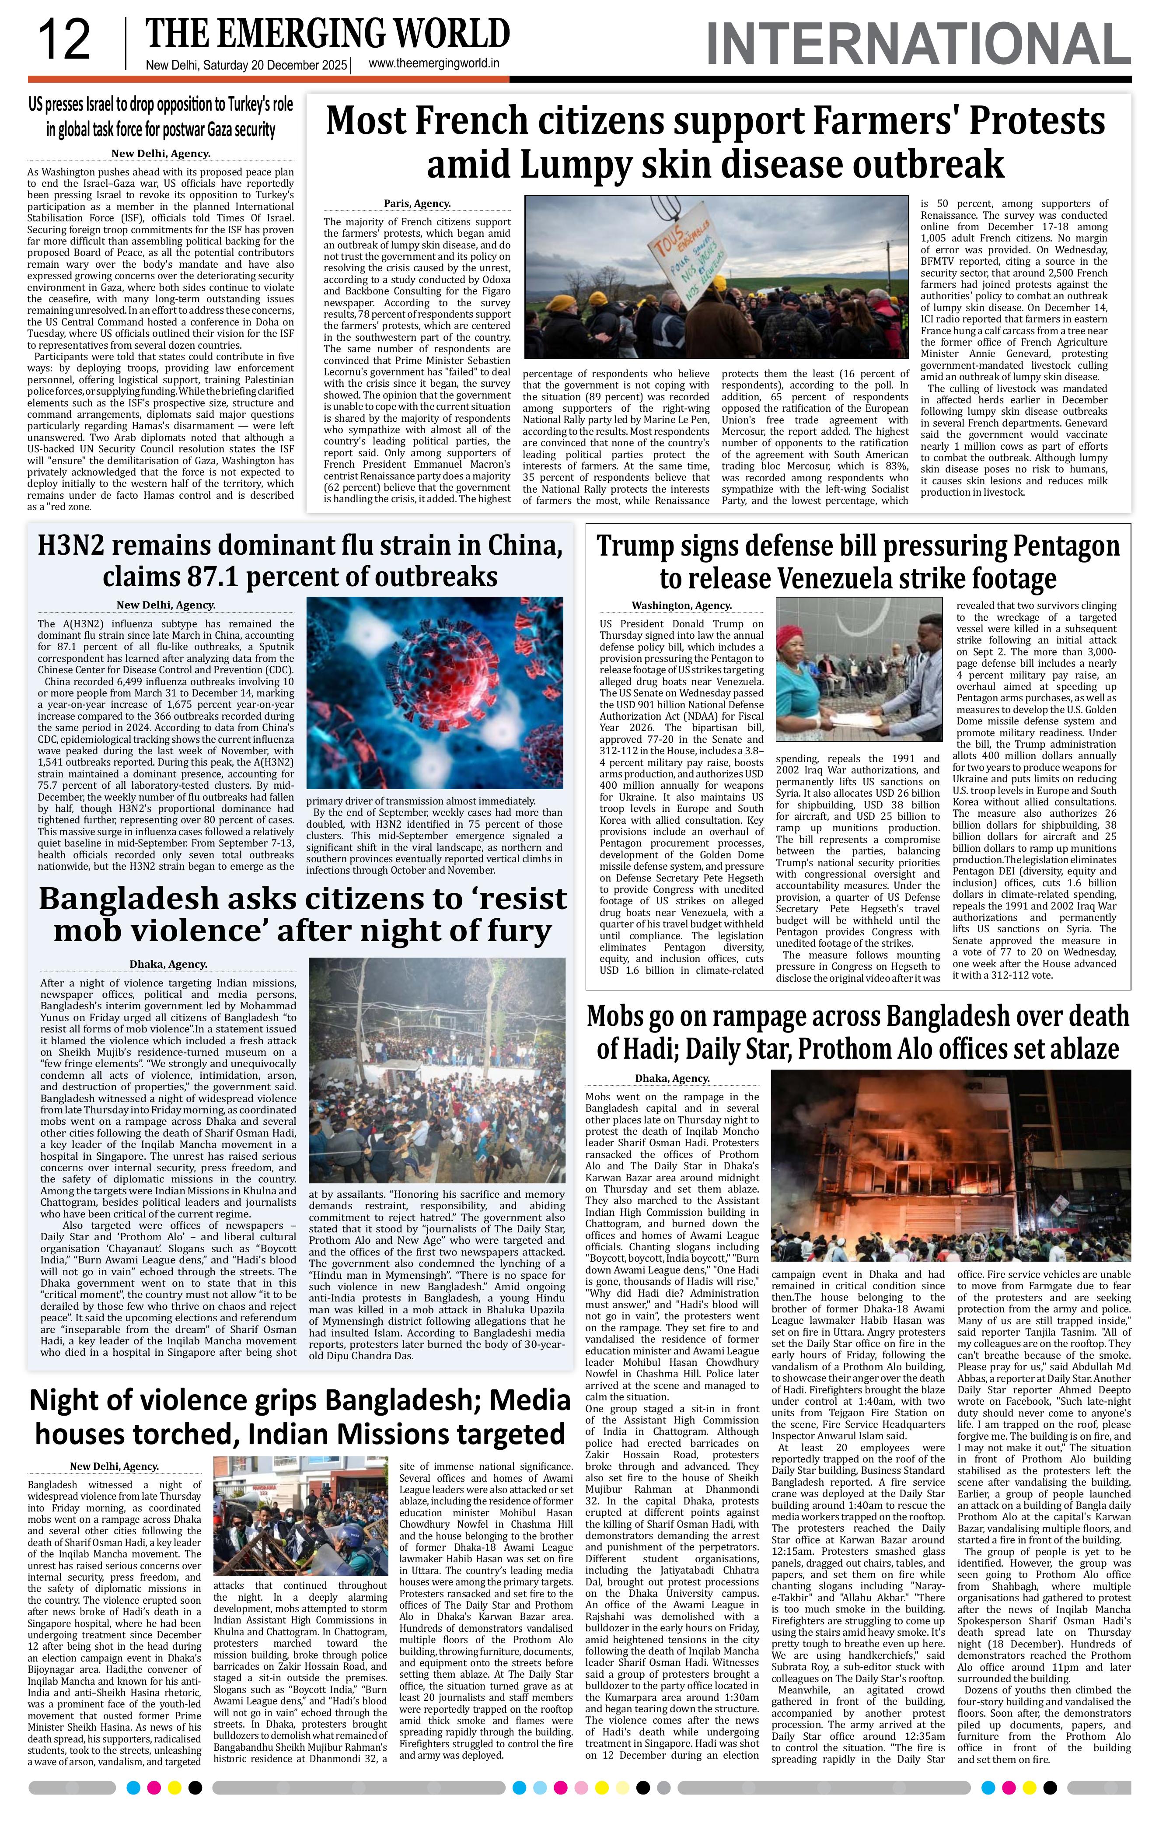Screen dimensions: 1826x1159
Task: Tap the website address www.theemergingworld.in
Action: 433,64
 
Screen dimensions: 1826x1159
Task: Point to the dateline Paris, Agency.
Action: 417,203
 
